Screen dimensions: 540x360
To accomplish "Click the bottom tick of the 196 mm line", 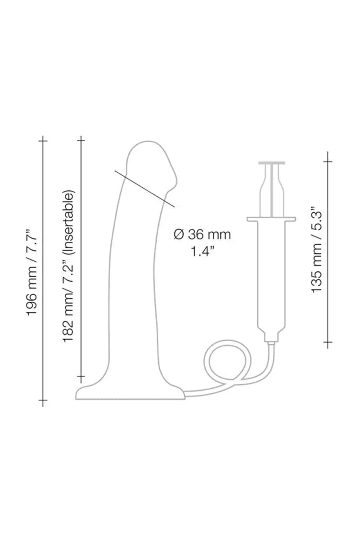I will point(43,400).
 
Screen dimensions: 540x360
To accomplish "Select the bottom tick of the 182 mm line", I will point(81,375).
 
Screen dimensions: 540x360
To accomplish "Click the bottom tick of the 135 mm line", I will point(328,343).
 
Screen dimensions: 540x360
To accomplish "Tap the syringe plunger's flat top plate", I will point(273,162).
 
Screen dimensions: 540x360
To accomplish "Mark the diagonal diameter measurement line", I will point(144,189).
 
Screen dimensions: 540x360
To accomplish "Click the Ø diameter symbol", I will point(178,234).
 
